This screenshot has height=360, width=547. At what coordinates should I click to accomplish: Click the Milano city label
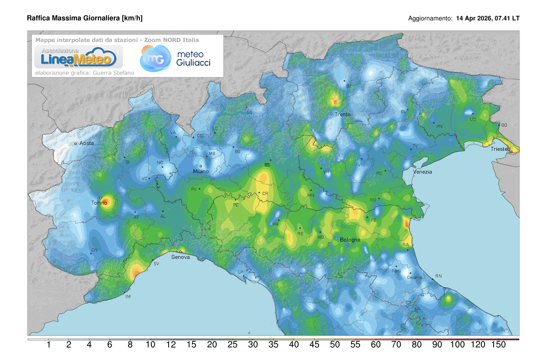click(x=201, y=171)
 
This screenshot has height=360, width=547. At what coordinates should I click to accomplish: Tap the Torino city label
click(x=99, y=203)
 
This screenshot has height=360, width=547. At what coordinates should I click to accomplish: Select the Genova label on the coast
click(x=181, y=257)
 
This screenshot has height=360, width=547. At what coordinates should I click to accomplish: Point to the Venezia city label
click(x=422, y=172)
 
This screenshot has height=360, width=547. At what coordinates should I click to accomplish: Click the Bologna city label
click(x=350, y=240)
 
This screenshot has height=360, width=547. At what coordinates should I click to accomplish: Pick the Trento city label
click(x=342, y=114)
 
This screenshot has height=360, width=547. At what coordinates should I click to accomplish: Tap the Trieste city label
click(x=500, y=149)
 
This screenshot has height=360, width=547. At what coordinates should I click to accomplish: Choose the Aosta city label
click(x=87, y=143)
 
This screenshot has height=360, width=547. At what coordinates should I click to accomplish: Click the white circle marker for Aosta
click(x=76, y=144)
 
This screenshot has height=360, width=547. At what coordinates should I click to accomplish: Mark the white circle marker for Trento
click(x=331, y=113)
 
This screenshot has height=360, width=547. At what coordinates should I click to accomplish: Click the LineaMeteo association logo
click(x=75, y=57)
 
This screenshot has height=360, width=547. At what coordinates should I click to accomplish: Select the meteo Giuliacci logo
click(x=175, y=58)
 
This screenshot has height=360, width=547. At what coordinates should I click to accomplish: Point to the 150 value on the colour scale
click(x=498, y=345)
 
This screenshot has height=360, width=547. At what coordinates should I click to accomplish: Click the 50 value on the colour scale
click(x=335, y=345)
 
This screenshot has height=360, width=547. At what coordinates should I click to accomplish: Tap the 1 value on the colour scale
click(x=48, y=345)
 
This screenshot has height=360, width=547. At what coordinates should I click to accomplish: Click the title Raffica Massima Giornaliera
click(x=85, y=18)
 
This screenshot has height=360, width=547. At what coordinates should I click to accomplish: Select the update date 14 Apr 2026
click(x=474, y=19)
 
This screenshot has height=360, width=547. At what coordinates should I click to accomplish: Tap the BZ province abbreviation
click(x=349, y=86)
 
